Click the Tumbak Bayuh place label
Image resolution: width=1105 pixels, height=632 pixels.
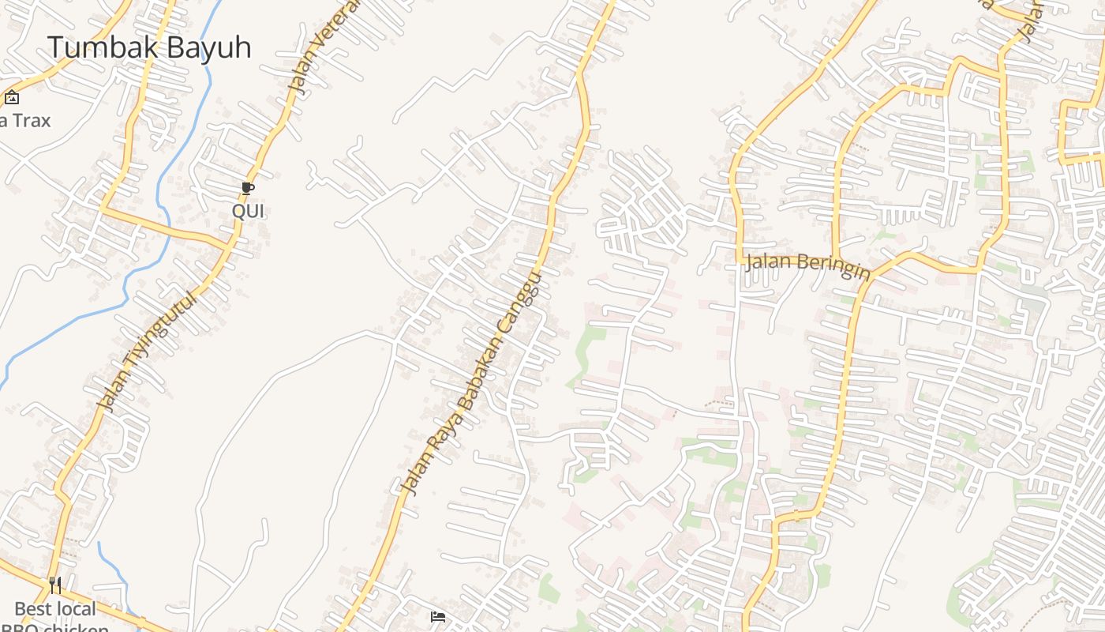(x=149, y=47)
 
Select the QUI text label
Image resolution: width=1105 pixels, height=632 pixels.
(x=248, y=212)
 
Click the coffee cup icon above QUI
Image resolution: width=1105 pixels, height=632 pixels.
(x=248, y=188)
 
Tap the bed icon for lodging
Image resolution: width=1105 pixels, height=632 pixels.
(x=438, y=616)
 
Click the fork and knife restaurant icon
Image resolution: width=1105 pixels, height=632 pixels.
(x=55, y=585)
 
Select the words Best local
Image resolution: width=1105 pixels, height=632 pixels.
(x=55, y=609)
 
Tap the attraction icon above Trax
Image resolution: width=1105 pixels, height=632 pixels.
(x=12, y=98)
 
